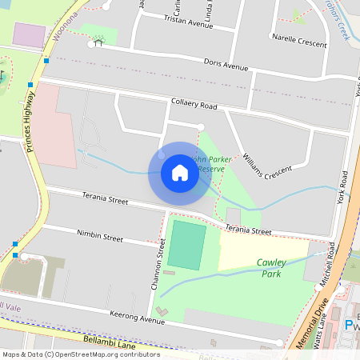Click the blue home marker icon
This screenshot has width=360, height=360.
(179, 173)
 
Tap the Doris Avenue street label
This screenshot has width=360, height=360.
(226, 64)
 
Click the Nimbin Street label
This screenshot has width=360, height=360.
(100, 238)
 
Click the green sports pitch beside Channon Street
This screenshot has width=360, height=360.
(186, 245)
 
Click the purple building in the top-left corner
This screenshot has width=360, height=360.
(30, 34)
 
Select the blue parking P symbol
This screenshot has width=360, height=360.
(349, 325)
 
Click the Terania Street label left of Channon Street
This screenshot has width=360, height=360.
(105, 198)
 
